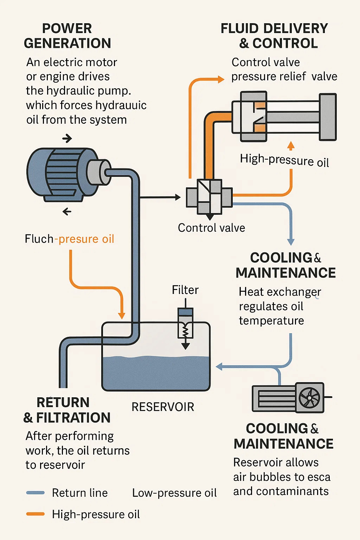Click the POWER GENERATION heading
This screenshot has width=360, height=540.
coord(67,36)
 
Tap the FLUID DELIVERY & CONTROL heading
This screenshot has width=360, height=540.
coord(275,36)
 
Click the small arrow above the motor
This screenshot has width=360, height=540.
coord(67,139)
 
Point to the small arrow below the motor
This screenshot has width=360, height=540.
coord(67,212)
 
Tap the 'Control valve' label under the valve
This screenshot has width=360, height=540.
coord(211,228)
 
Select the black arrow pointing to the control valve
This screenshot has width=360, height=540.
coord(177,197)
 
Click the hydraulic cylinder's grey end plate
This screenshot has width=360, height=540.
coord(328,117)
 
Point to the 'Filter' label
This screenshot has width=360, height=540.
coord(185,290)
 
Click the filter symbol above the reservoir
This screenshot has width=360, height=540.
coord(185,325)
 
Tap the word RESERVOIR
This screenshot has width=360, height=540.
coord(163,407)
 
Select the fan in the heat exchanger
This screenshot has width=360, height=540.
coord(309,398)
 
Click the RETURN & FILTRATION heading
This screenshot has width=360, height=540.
coord(67,410)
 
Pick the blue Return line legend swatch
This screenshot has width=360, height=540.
coord(36,493)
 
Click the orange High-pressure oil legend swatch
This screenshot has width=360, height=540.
coord(36,514)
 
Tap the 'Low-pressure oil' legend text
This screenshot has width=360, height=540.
coord(174,493)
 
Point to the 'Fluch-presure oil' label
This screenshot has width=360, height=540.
coord(69,239)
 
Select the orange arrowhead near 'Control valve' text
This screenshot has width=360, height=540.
coord(221,79)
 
